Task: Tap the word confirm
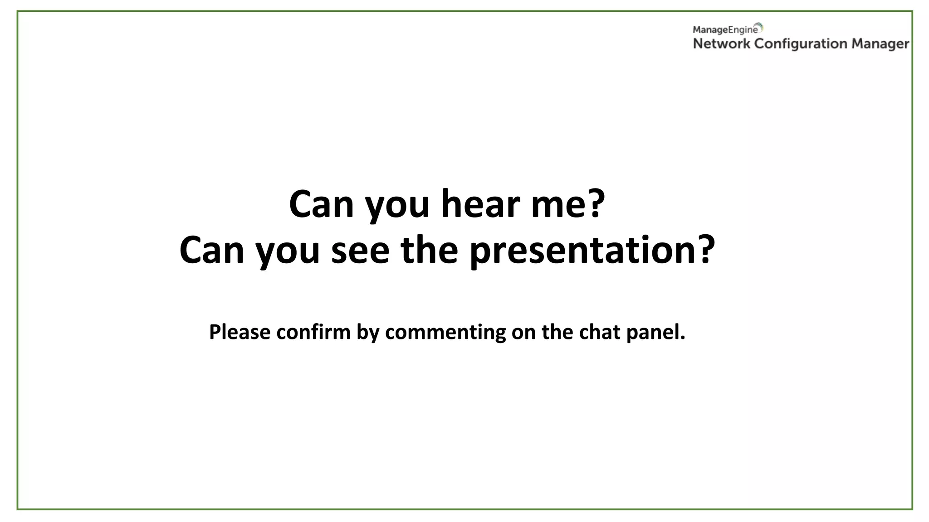click(x=313, y=332)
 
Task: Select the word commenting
click(x=445, y=332)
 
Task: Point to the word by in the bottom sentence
click(x=367, y=332)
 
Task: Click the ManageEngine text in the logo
click(x=725, y=30)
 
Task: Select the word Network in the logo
click(x=721, y=44)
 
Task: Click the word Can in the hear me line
click(x=321, y=204)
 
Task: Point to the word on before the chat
click(x=524, y=332)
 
